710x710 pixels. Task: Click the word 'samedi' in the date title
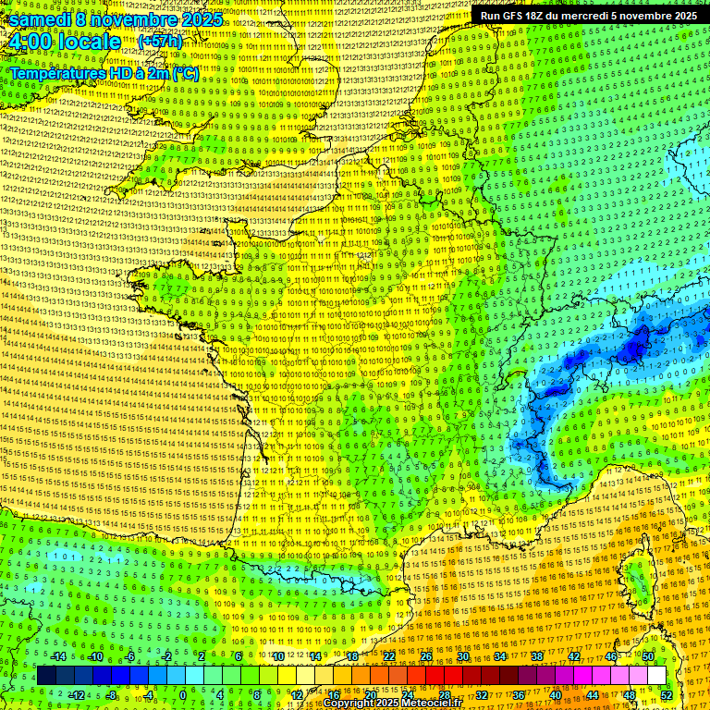tap(37, 19)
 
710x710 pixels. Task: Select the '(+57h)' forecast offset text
tap(160, 42)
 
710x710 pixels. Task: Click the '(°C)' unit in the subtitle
tap(184, 73)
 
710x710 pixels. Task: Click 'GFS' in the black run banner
tap(519, 15)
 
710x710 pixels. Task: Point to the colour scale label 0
tap(183, 694)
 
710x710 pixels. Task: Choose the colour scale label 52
tap(667, 694)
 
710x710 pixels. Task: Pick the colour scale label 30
tap(462, 657)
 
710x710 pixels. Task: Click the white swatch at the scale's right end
tap(656, 676)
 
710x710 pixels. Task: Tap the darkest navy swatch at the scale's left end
tap(46, 676)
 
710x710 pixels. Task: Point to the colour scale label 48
tap(630, 694)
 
